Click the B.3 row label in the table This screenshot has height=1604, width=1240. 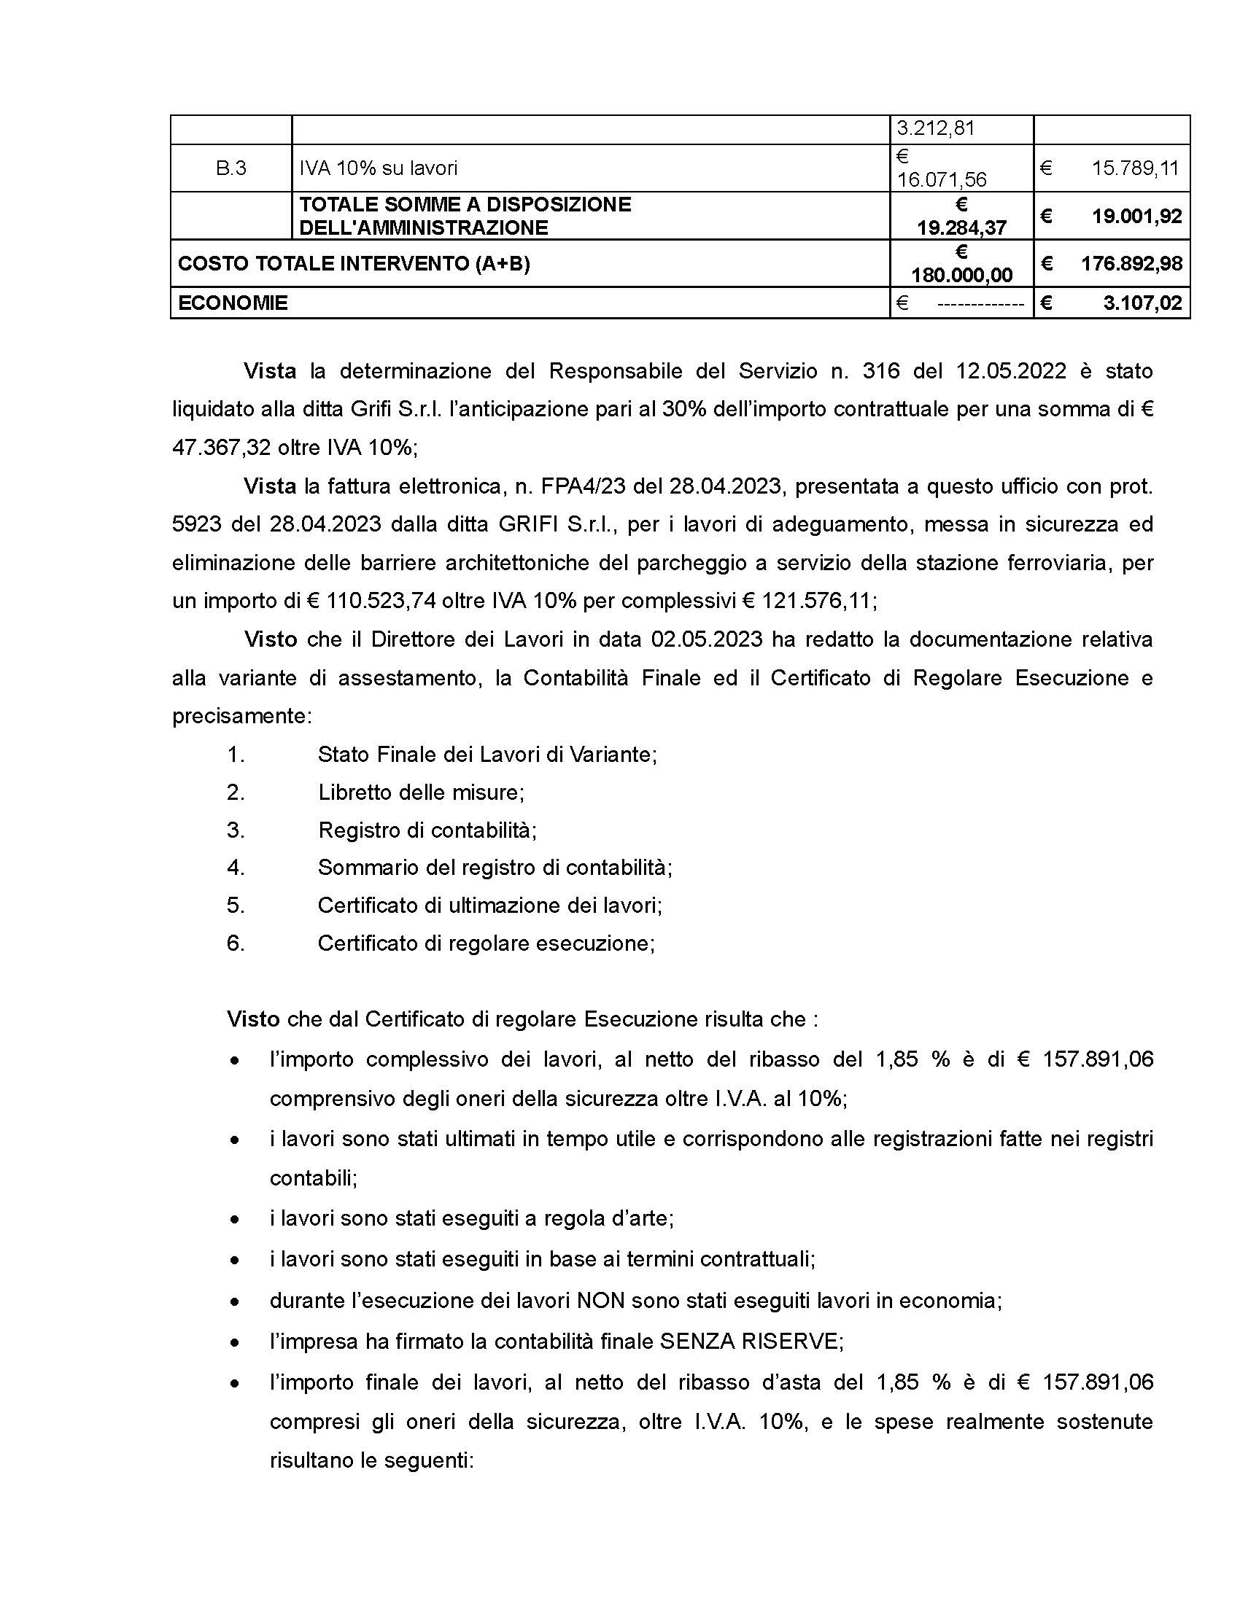click(230, 168)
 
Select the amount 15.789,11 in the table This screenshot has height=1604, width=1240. click(1134, 168)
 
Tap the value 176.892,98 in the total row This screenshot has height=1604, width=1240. click(1131, 263)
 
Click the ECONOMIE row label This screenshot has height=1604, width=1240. click(233, 303)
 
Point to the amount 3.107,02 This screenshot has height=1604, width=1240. click(1142, 303)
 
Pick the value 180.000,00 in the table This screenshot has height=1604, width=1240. click(961, 275)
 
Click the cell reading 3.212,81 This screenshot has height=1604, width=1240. click(935, 128)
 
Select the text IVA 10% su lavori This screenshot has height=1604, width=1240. click(378, 168)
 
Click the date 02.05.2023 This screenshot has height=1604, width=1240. click(707, 639)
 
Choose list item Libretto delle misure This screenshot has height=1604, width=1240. click(420, 793)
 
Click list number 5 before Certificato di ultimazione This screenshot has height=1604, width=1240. click(235, 905)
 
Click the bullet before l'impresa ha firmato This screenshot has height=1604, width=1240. click(234, 1342)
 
